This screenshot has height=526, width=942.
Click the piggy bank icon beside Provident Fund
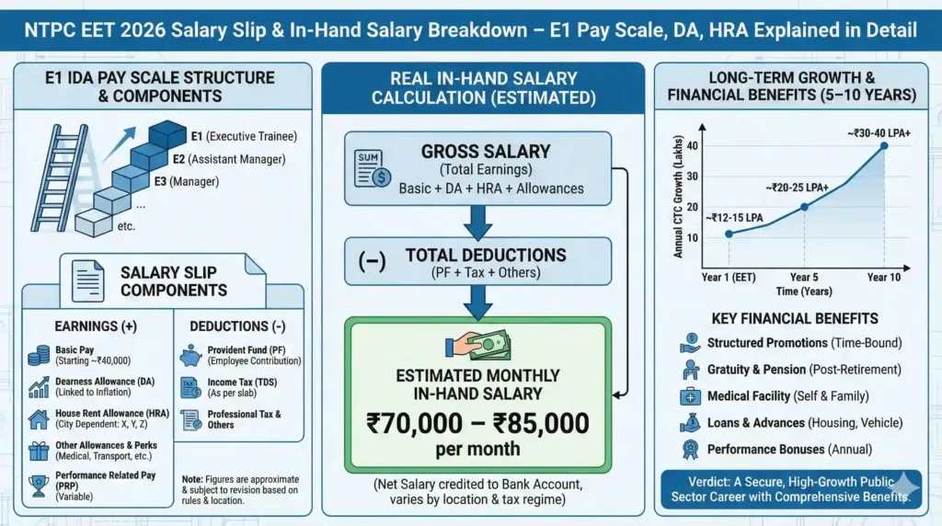[x=191, y=356]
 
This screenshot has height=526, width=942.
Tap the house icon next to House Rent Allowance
[x=39, y=419]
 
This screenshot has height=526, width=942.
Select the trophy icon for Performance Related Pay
[x=39, y=486]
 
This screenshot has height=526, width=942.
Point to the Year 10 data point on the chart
[x=884, y=145]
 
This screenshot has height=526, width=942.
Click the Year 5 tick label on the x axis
[x=804, y=277]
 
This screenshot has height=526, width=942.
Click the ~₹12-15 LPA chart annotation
[x=735, y=218]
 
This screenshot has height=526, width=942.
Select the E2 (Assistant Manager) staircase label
[x=229, y=159]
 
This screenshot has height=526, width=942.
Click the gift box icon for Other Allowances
[x=39, y=451]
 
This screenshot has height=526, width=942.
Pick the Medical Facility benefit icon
[x=690, y=396]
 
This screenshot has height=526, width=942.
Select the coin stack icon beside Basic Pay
[x=39, y=355]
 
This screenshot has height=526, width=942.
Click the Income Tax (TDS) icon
[x=191, y=387]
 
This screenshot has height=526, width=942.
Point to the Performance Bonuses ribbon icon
[x=690, y=450]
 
